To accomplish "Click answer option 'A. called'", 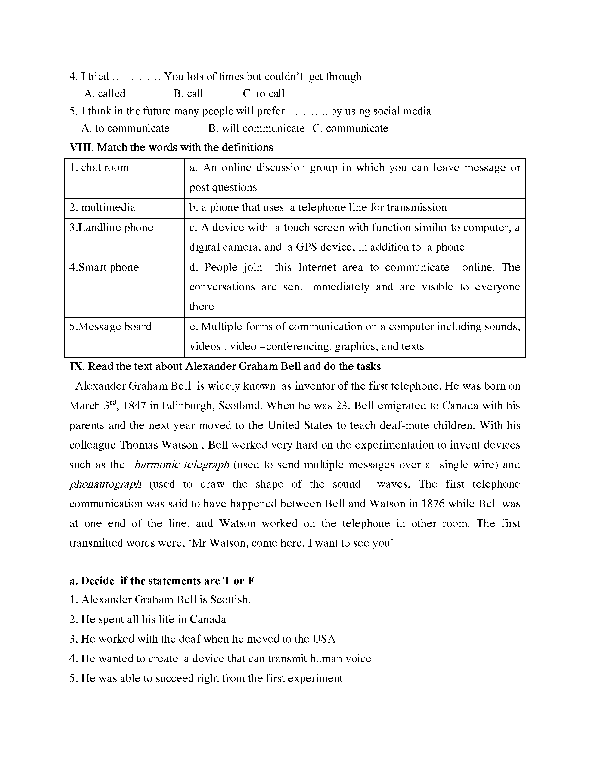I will point(105,94).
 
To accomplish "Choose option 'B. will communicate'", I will point(256,129).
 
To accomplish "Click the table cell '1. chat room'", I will point(99,168).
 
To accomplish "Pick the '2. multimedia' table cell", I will point(102,208).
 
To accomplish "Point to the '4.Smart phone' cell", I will point(104,267).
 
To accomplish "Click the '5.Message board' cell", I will point(110,327).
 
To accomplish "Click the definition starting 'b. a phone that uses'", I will point(318,208).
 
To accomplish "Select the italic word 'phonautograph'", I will point(106,484).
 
